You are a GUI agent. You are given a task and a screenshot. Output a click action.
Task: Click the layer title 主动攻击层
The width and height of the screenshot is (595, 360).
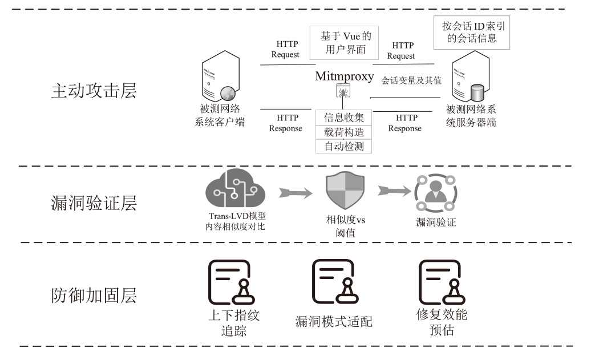[x=94, y=91]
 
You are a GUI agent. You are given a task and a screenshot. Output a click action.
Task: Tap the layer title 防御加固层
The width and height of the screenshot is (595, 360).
[x=94, y=296]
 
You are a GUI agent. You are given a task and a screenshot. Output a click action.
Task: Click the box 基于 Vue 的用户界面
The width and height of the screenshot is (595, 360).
[x=346, y=43]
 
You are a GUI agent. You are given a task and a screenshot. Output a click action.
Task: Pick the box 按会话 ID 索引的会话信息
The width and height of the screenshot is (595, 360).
[x=472, y=33]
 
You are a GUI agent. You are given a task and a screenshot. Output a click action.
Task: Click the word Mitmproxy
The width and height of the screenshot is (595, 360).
[x=345, y=76]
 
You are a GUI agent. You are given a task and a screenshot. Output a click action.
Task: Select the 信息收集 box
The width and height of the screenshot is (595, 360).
[x=344, y=118]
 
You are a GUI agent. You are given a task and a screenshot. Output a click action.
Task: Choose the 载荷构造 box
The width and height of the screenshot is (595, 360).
[x=344, y=132]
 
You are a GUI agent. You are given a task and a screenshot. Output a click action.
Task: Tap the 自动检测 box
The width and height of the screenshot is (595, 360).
[x=344, y=146]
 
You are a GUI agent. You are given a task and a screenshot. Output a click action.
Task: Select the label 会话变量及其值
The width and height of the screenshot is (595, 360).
[x=411, y=80]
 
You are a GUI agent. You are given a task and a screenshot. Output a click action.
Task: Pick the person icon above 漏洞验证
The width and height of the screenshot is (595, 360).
[x=435, y=193]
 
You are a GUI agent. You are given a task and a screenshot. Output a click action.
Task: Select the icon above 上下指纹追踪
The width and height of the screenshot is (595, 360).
[x=230, y=282]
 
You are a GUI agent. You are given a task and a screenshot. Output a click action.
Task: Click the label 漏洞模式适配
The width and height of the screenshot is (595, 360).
[x=334, y=321]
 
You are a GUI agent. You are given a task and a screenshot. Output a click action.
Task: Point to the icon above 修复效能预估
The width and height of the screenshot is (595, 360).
[x=441, y=282]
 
